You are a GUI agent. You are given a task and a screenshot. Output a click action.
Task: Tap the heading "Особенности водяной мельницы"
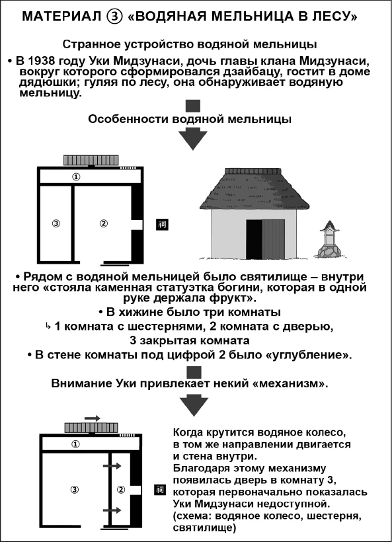193,120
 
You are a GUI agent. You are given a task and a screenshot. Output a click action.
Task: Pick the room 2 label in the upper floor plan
103,223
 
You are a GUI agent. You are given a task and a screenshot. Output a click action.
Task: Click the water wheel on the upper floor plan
91,161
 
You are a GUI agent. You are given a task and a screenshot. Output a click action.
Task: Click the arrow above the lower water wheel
93,418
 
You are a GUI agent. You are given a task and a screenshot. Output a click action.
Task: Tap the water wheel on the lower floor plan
91,428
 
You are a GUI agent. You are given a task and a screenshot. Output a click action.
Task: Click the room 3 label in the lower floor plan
75,490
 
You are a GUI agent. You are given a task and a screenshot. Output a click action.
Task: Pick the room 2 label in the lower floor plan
120,490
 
